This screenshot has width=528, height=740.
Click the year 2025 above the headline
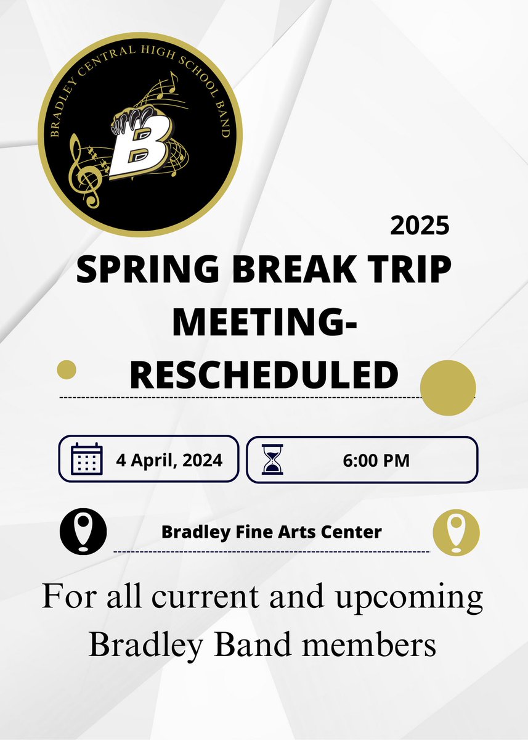420,226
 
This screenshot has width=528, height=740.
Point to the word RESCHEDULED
264,374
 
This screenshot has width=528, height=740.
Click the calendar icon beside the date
86,459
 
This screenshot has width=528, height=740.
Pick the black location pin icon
83,531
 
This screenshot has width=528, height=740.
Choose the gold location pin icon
456,531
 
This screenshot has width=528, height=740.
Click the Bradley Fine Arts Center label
271,532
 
